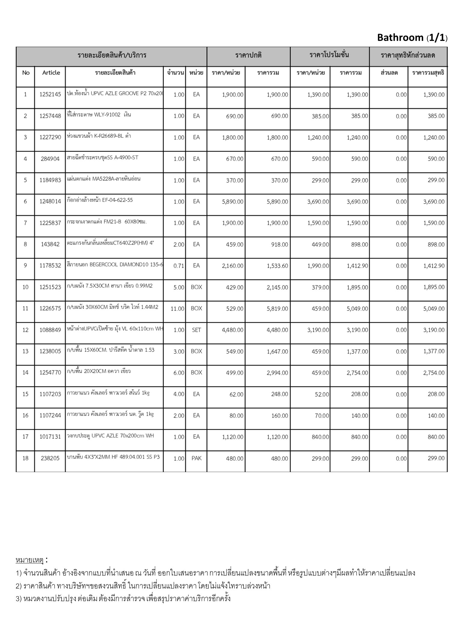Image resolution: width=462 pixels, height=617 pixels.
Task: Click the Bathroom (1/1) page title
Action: pos(412,38)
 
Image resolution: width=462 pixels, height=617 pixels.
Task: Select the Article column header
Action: pos(51,73)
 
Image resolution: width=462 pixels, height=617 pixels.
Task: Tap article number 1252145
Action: pos(50,95)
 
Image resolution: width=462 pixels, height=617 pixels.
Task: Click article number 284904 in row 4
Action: pos(50,159)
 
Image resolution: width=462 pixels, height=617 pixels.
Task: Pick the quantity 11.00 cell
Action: pos(177,308)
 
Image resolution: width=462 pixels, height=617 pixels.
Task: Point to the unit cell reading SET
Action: pos(196,330)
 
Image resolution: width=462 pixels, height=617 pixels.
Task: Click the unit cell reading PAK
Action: pos(196,458)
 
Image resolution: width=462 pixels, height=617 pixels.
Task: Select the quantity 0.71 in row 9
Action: pos(179,266)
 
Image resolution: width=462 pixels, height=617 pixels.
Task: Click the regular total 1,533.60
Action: pos(277,266)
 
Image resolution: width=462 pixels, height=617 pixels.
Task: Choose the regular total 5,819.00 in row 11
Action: pos(277,308)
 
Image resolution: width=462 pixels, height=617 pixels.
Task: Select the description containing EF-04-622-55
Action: pos(100,200)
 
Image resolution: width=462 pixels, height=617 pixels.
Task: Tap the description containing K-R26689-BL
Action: pos(99,136)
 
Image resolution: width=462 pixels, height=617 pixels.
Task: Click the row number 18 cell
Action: pos(25,458)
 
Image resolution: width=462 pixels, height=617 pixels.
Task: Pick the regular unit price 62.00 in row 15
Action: pos(236,394)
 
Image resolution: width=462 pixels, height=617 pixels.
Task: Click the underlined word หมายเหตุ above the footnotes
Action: pos(30,560)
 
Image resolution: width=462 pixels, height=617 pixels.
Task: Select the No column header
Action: pos(26,73)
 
